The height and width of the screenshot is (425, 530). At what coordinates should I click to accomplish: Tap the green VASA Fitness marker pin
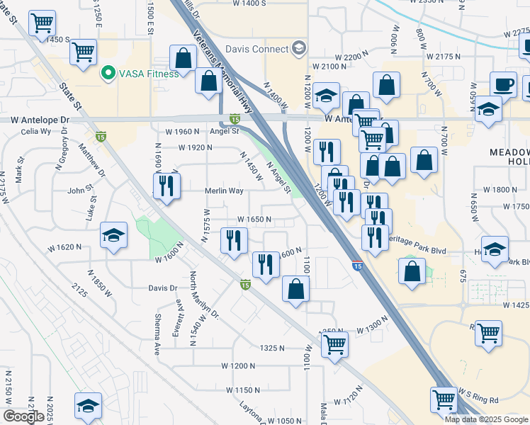[x=108, y=73]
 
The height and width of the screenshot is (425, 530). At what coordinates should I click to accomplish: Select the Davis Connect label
[x=256, y=49]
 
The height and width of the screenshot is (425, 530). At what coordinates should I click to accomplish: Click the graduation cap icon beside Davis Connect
[x=299, y=48]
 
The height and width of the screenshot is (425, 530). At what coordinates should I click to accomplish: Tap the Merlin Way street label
[x=224, y=191]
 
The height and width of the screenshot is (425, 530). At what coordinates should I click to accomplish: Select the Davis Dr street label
[x=162, y=288]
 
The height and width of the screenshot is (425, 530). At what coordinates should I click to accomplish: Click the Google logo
[x=24, y=416]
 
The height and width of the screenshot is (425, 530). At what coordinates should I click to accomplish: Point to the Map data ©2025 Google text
[x=486, y=419]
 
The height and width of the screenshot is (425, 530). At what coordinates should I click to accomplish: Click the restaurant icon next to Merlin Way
[x=164, y=186]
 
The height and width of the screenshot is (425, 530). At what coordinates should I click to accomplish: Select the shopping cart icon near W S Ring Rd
[x=444, y=399]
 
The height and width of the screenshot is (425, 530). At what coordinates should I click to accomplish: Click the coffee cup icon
[x=504, y=84]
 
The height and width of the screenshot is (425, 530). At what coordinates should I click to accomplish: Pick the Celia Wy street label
[x=35, y=132]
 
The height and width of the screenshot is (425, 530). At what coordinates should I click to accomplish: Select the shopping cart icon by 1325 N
[x=334, y=345]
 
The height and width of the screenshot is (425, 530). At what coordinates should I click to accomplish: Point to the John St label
[x=80, y=191]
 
